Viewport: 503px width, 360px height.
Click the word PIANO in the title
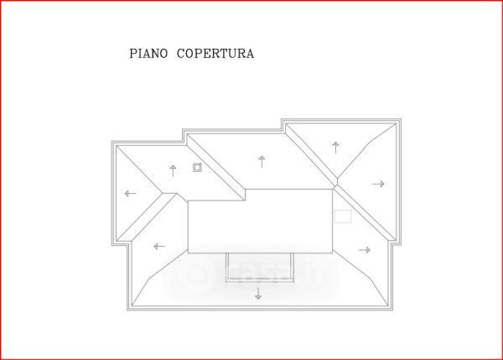(x=148, y=54)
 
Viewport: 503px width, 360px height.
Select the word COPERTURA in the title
(x=215, y=54)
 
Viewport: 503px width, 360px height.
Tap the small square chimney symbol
(x=198, y=167)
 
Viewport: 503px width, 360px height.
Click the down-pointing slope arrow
(x=258, y=293)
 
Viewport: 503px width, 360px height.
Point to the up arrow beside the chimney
(x=173, y=170)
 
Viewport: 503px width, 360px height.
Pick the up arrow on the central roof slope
(x=262, y=161)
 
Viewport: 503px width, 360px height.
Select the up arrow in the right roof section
(x=335, y=148)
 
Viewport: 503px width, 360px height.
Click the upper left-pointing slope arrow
(x=130, y=194)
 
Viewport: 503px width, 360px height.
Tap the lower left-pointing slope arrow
(x=158, y=246)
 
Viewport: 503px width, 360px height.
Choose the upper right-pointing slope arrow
(x=378, y=184)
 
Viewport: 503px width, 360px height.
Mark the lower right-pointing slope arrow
(x=364, y=249)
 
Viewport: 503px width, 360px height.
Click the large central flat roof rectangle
(x=260, y=221)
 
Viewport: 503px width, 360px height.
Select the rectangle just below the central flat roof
(x=260, y=266)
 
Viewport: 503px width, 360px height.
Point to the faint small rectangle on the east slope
(x=342, y=216)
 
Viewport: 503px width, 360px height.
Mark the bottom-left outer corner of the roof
(x=127, y=311)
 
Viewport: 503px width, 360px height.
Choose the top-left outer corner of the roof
(x=111, y=141)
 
